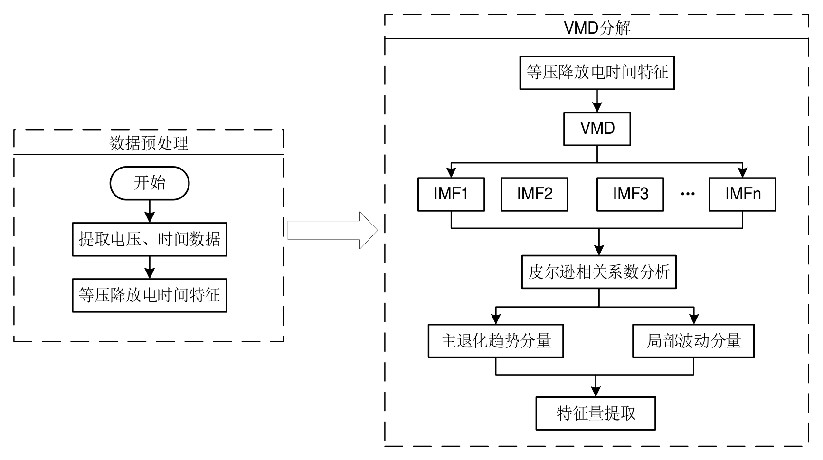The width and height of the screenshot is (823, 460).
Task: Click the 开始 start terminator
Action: (x=150, y=183)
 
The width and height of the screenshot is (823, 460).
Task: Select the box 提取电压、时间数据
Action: (x=150, y=239)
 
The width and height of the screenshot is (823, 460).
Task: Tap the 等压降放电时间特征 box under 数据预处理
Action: (x=150, y=295)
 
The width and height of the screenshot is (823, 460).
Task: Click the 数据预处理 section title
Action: (x=149, y=143)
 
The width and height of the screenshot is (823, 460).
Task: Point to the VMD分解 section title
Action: (x=597, y=28)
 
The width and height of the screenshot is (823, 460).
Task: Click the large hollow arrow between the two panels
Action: (x=332, y=231)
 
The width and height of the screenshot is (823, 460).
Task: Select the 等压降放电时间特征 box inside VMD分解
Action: (x=597, y=73)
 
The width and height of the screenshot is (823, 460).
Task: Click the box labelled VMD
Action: (x=597, y=129)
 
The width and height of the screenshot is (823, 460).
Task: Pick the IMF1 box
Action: (x=451, y=194)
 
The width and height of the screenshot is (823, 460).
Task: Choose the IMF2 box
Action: (x=534, y=194)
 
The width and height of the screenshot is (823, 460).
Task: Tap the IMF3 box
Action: (x=630, y=194)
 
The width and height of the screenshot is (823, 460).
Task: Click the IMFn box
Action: (x=742, y=194)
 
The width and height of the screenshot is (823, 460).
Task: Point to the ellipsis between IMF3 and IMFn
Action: (x=688, y=194)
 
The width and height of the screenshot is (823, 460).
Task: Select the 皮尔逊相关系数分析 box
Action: (x=599, y=272)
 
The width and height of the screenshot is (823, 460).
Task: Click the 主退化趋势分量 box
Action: (x=496, y=341)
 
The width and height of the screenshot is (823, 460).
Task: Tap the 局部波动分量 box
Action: (x=693, y=341)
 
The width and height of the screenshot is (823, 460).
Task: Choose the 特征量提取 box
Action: (x=596, y=413)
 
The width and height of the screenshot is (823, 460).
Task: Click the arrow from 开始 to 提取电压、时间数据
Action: (x=150, y=211)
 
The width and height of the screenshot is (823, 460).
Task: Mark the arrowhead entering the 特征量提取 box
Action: (x=596, y=392)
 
